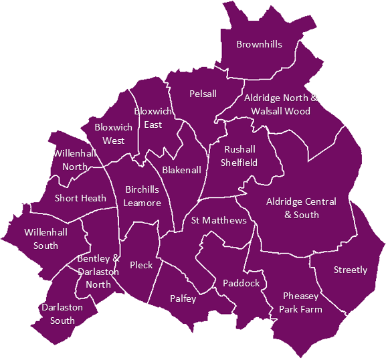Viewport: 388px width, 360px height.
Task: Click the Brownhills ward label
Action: point(259,45)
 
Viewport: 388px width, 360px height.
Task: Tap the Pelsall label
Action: point(203,94)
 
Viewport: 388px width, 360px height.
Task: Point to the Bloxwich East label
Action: point(153,118)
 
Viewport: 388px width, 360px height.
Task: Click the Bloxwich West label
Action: point(114,134)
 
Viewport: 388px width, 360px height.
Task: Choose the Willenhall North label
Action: point(75,160)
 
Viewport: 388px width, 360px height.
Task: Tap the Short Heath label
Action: point(80,198)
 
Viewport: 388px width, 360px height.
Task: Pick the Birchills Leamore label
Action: point(142,196)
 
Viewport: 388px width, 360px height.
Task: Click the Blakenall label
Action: point(181,170)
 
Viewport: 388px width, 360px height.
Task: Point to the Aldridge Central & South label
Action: point(301,208)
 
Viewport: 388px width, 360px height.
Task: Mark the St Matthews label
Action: point(219,220)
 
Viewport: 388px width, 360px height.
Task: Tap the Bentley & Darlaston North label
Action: point(98,271)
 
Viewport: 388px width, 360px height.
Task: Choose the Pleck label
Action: point(141,265)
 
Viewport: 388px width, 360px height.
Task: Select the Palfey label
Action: point(183,298)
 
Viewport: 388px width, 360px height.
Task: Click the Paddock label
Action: point(241,283)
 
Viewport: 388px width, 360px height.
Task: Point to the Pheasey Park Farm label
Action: point(301,302)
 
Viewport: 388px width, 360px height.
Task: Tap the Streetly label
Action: point(351,270)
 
